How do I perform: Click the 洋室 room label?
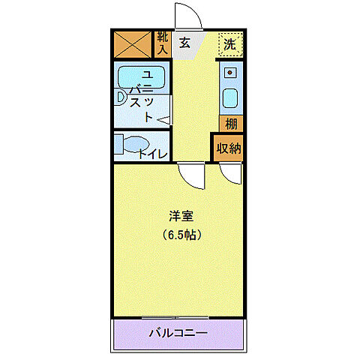click(181, 216)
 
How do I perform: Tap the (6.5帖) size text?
click(181, 234)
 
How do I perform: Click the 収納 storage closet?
click(229, 148)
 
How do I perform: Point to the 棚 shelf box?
click(231, 124)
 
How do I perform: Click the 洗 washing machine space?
click(230, 43)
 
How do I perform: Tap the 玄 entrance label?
click(184, 43)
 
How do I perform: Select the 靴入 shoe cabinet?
click(163, 43)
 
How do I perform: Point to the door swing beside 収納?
click(232, 174)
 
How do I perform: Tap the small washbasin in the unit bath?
click(120, 97)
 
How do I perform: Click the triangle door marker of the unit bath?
click(164, 118)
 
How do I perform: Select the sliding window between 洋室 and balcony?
click(178, 317)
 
